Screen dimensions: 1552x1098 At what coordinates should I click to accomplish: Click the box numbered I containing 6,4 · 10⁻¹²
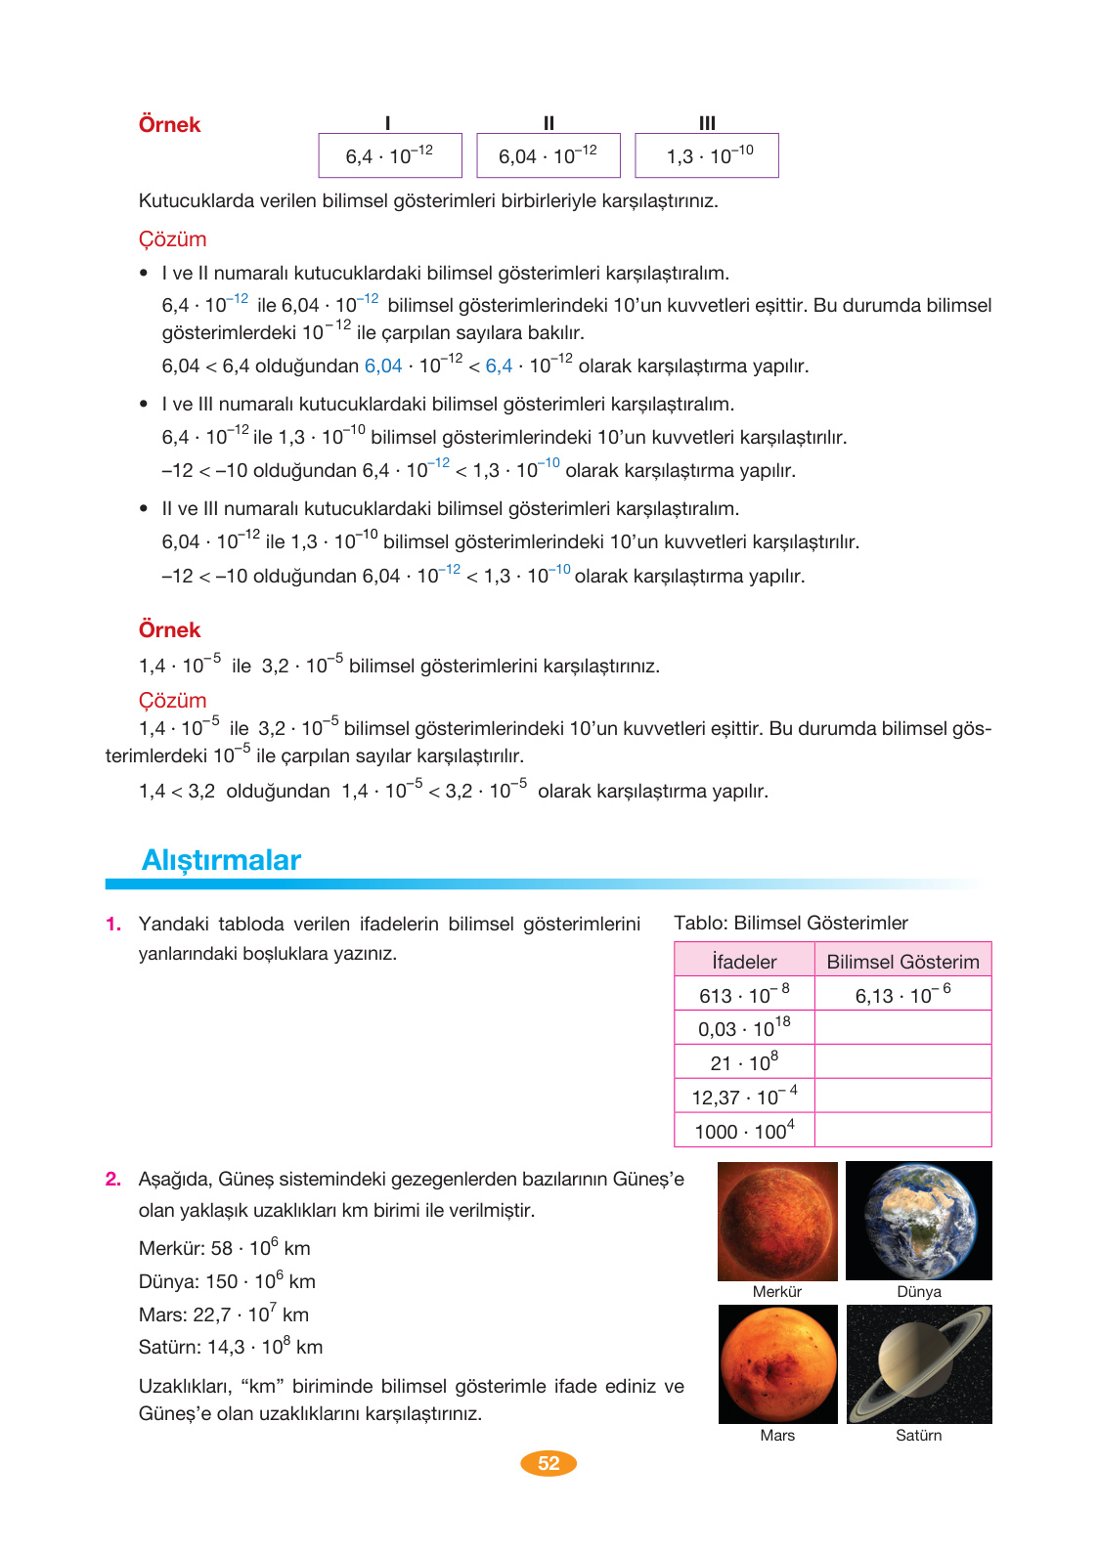(389, 155)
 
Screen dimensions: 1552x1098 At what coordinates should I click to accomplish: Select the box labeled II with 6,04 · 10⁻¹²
(548, 155)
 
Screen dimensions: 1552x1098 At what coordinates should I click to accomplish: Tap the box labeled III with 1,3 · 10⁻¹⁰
(707, 155)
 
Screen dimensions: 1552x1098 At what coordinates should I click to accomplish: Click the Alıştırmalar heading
(221, 860)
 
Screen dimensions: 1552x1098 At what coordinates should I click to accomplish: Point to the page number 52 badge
(549, 1463)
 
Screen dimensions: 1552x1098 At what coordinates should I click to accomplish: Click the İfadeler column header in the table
(744, 961)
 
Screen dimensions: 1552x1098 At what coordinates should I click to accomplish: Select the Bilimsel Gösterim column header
(902, 961)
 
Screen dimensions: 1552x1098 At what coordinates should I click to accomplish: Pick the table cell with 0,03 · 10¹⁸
(744, 1028)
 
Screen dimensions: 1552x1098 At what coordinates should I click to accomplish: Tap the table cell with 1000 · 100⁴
(744, 1131)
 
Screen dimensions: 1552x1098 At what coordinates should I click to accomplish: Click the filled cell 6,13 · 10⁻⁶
(902, 995)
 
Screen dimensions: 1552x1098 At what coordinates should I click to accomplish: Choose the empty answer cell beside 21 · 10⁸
(902, 1062)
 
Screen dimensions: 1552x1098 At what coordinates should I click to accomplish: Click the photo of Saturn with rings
(919, 1364)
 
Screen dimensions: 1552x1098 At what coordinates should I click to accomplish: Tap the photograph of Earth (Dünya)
(919, 1221)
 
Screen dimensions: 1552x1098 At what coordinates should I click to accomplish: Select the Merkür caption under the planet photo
(777, 1292)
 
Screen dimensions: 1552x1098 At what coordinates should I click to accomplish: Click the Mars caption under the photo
(777, 1436)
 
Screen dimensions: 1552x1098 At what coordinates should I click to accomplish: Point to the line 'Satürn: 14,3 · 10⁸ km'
(231, 1347)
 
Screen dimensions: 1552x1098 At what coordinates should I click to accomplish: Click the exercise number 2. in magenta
(113, 1180)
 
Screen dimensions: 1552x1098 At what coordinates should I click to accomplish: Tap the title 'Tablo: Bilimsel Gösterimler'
(791, 924)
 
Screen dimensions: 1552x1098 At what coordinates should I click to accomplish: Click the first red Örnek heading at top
(169, 125)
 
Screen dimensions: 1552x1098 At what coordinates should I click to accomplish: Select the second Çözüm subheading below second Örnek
(173, 701)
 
